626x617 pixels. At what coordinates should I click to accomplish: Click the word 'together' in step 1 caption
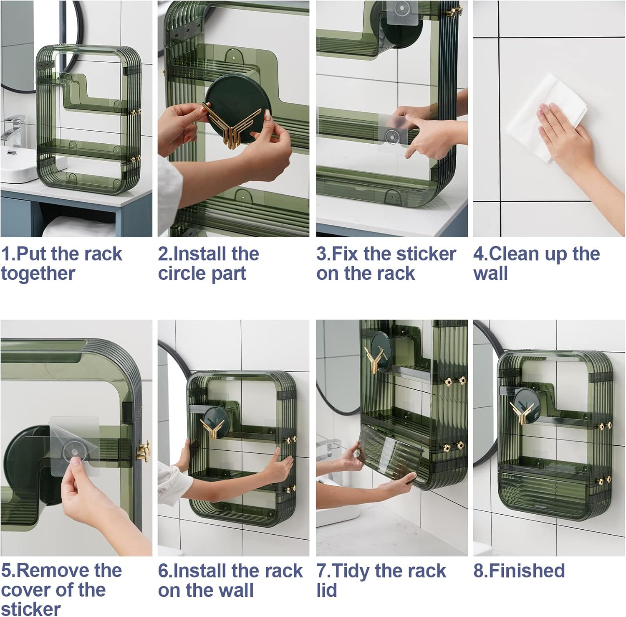38,274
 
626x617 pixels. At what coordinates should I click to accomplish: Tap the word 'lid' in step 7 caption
326,590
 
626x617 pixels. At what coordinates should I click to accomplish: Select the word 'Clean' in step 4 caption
513,254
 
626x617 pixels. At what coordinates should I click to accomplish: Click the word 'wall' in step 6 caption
235,590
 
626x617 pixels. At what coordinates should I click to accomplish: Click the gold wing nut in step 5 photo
143,451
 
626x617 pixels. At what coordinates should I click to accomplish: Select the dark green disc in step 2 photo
238,100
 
